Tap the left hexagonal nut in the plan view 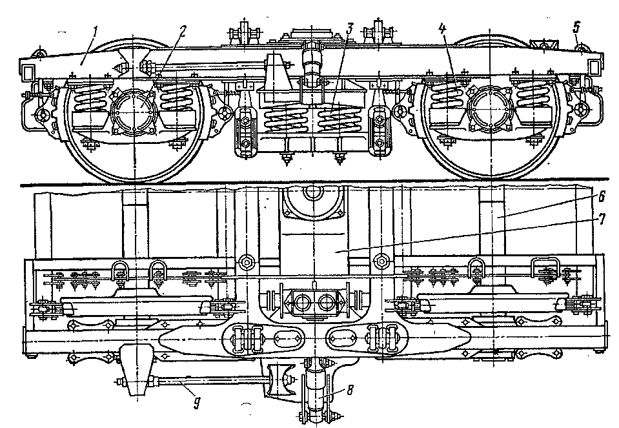tap(246, 261)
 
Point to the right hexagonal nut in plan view tap(381, 261)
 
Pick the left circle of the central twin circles tap(301, 301)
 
